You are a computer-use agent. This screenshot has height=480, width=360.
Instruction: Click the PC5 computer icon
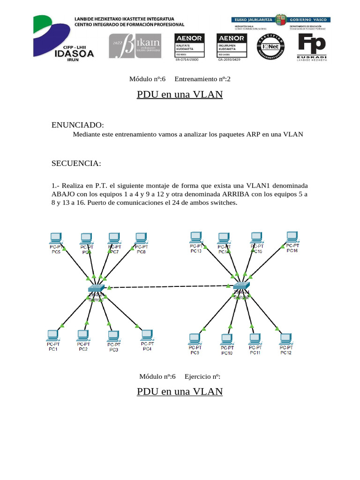(x=56, y=238)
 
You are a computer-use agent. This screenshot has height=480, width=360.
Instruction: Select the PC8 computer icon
(x=141, y=238)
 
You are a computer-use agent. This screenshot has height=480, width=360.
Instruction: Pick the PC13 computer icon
(x=195, y=237)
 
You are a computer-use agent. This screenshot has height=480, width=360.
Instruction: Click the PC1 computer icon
(x=53, y=336)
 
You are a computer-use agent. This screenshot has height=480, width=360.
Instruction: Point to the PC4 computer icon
(x=147, y=335)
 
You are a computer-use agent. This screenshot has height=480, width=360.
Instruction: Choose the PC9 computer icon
(x=195, y=338)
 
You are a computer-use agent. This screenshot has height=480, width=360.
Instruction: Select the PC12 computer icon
(x=285, y=338)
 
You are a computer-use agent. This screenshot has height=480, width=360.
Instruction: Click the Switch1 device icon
(x=97, y=288)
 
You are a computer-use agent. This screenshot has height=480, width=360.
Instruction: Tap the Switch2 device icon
(x=242, y=285)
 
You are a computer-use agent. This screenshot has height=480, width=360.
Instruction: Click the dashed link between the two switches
(x=169, y=287)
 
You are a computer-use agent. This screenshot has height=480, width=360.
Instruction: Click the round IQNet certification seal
(x=269, y=47)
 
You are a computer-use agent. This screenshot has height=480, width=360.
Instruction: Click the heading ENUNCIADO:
(x=77, y=125)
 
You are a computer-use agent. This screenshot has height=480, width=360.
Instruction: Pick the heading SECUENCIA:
(x=76, y=163)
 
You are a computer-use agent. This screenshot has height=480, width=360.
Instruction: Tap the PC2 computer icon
(x=83, y=336)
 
